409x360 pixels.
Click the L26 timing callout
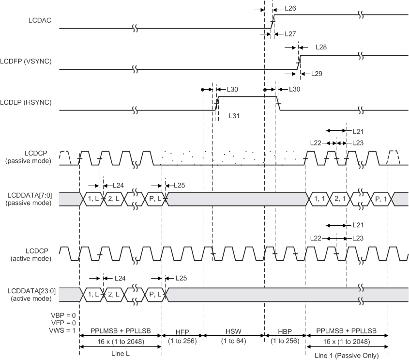tap(290, 9)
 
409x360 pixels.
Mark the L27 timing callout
tap(290, 34)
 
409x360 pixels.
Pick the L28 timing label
tap(321, 47)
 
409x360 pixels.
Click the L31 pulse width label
tap(236, 117)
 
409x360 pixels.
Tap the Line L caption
tap(121, 354)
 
